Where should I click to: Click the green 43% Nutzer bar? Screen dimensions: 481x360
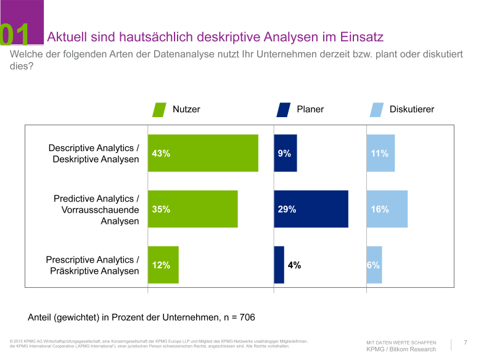(203, 153)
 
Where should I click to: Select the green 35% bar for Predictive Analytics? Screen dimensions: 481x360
(192, 209)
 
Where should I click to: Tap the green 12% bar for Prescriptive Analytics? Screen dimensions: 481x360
(163, 264)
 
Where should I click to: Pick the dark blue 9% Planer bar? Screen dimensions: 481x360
(286, 153)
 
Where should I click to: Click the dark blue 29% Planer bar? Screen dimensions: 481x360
(311, 209)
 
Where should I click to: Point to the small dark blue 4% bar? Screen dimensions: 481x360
(279, 264)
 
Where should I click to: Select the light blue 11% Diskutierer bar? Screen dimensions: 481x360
(380, 153)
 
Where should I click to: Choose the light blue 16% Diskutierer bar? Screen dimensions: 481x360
(387, 209)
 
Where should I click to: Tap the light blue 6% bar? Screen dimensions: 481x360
(374, 264)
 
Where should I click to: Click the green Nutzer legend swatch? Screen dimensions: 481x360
(159, 110)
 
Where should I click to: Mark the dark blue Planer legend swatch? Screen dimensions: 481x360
(283, 110)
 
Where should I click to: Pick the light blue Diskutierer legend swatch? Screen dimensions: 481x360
(377, 110)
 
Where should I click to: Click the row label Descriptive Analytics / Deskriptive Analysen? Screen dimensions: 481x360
(94, 153)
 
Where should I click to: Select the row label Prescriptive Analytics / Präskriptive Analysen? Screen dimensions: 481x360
(92, 265)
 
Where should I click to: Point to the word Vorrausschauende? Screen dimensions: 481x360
(101, 210)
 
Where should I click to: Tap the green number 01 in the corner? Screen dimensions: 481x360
(14, 35)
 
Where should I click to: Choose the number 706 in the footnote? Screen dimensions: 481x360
(247, 317)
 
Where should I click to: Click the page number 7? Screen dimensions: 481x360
(466, 342)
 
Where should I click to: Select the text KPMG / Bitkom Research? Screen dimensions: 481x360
(401, 350)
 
